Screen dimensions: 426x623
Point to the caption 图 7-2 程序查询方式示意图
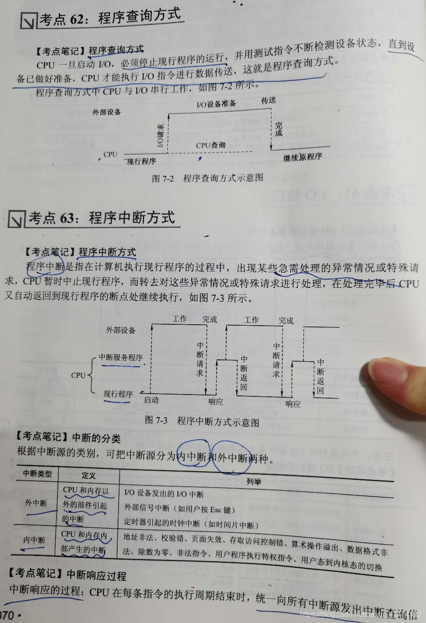pos(208,178)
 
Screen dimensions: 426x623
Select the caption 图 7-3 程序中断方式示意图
pos(202,421)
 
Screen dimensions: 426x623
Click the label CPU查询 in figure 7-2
pos(211,145)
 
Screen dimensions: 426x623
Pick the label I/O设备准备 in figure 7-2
pos(216,104)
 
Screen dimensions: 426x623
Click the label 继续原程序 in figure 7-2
pos(303,157)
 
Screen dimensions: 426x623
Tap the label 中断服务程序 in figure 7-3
pos(121,358)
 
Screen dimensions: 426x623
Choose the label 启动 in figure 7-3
pos(151,400)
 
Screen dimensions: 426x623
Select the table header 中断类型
pos(37,474)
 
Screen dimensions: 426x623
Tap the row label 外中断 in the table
pos(36,503)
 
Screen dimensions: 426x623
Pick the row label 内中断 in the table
pos(35,540)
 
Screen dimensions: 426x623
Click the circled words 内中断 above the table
pos(192,455)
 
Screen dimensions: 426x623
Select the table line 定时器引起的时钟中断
pos(192,524)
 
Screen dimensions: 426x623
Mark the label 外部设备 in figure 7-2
pos(106,112)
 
